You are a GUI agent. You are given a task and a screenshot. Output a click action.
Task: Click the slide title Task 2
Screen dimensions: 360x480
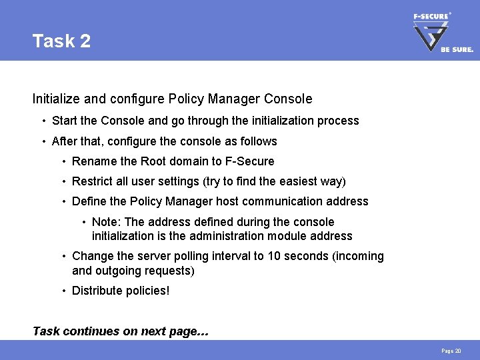pos(61,41)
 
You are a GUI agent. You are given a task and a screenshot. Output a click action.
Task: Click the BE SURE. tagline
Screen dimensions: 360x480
pos(457,49)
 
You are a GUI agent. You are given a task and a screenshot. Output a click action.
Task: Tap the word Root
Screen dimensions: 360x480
pos(157,161)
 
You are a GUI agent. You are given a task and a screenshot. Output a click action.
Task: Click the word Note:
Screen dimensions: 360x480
pos(107,222)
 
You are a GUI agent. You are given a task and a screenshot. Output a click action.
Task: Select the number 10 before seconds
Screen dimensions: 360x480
pos(274,256)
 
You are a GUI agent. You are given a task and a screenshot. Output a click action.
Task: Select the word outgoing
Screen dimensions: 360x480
pos(119,271)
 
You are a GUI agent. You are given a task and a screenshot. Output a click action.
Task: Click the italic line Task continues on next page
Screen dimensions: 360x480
pos(121,331)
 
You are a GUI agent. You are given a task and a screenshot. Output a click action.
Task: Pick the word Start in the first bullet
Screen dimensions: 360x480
pos(64,121)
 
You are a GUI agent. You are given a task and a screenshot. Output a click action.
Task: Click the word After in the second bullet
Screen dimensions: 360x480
pos(65,141)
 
